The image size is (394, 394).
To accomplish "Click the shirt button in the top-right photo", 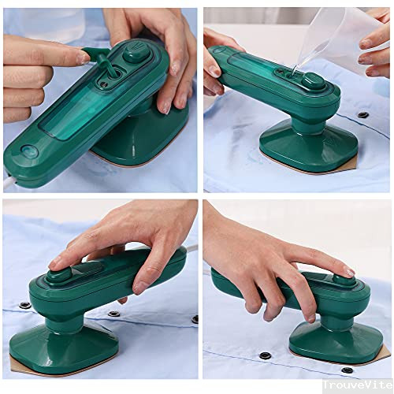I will (x=362, y=115).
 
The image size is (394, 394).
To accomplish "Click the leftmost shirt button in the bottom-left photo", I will (x=24, y=304).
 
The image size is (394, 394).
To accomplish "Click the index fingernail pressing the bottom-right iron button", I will (x=346, y=272).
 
